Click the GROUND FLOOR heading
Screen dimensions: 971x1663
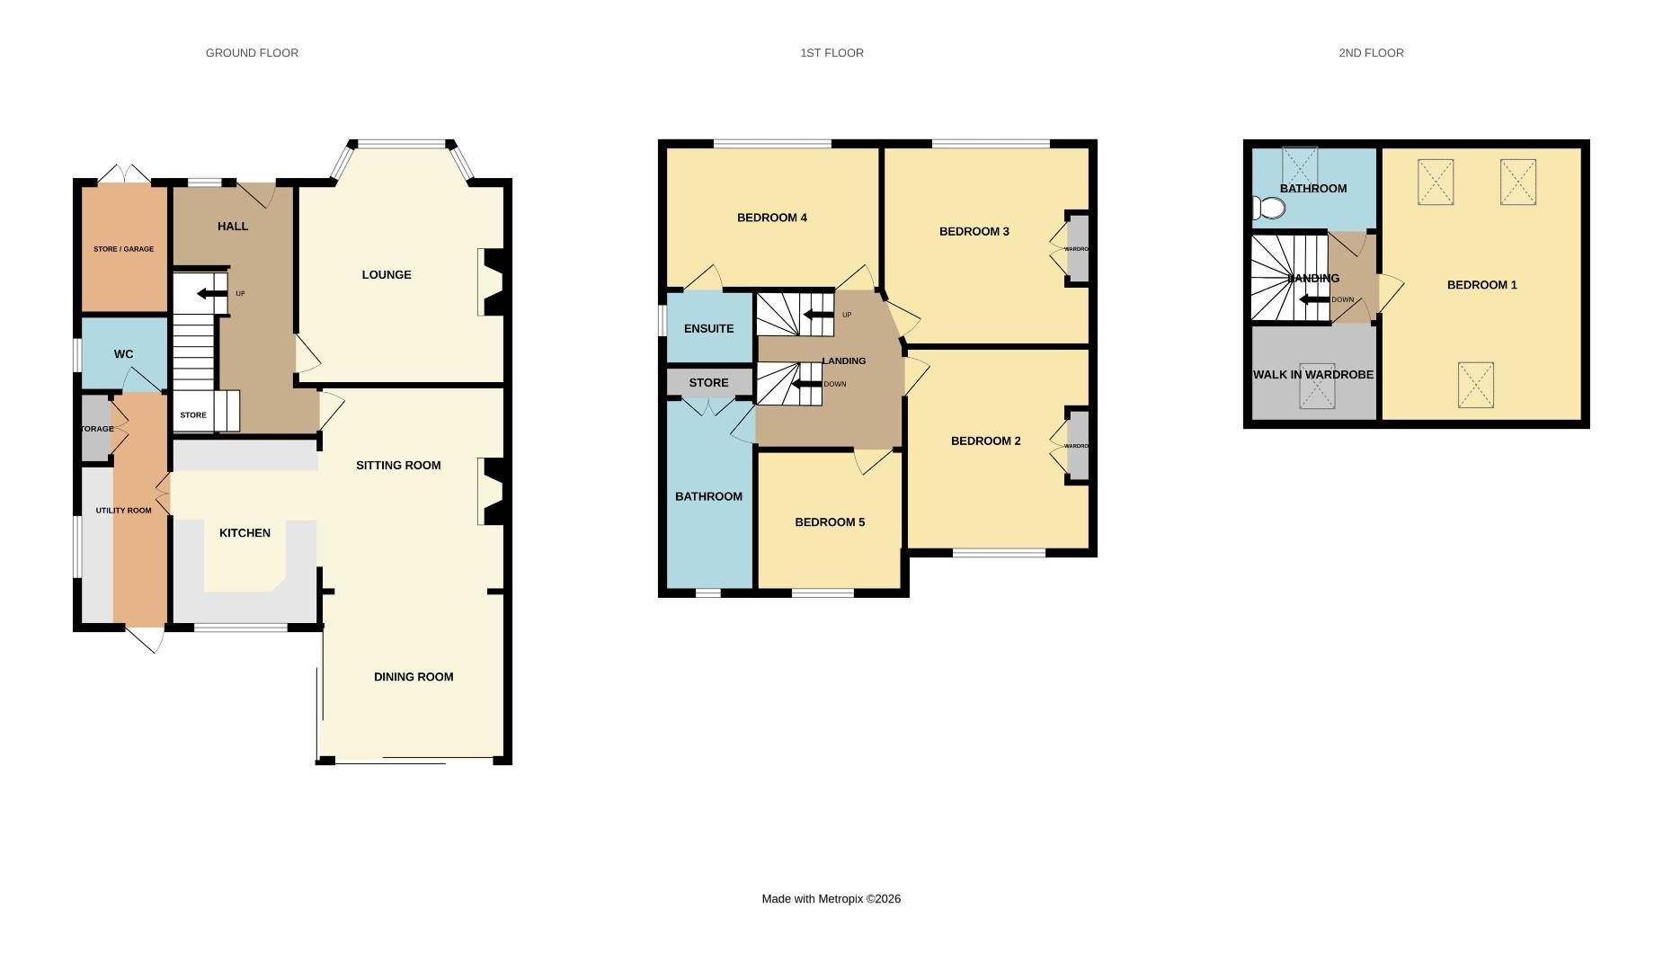[x=252, y=53]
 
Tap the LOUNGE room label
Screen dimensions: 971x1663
[x=387, y=275]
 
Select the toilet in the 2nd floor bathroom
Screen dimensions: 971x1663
[x=1269, y=209]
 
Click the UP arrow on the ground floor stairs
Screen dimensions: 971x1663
[x=212, y=294]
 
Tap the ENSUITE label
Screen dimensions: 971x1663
[x=708, y=329]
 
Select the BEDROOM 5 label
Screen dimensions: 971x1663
[x=829, y=522]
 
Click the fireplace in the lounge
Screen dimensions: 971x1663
[x=493, y=282]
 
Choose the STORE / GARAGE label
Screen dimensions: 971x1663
[x=123, y=249]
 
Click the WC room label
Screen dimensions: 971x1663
[x=123, y=354]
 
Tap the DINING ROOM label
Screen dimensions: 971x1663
[x=413, y=677]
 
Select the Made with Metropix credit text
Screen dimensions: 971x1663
[x=831, y=899]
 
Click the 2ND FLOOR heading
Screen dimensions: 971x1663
[x=1370, y=53]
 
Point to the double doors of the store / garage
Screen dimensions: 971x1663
[x=124, y=174]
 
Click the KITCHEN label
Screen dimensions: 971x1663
[x=245, y=533]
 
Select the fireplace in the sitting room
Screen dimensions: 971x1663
[x=493, y=491]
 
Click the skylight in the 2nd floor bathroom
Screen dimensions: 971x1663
[x=1299, y=165]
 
